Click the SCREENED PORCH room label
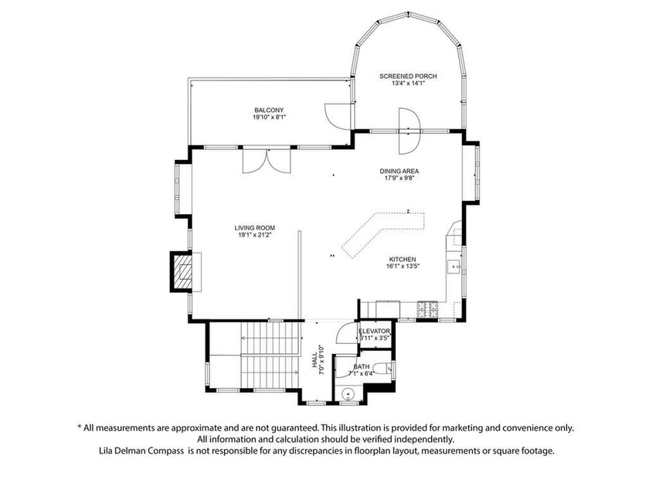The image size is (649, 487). point(408,76)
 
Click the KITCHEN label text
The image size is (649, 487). point(403,259)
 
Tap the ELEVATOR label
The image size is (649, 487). point(375,331)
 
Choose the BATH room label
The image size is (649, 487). point(362,366)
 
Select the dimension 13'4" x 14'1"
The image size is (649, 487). point(408,83)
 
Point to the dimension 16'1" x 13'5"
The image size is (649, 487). point(403,267)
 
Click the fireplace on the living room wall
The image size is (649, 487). point(182,271)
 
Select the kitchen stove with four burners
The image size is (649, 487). point(426,309)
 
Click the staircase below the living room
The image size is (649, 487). point(270,355)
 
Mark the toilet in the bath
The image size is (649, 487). point(348,394)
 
